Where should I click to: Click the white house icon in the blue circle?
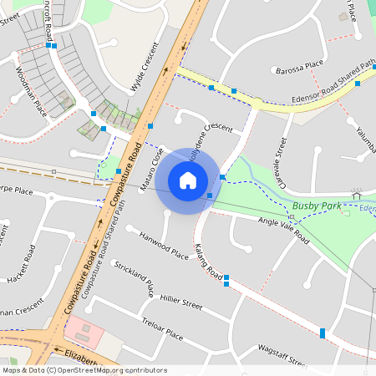point(187,180)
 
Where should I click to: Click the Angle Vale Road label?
point(283,231)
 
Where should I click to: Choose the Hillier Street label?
point(181,301)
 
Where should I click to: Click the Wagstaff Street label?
point(283,354)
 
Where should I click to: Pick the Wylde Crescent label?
point(144,68)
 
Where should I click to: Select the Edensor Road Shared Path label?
point(321,94)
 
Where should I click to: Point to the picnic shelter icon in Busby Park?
point(358,195)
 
